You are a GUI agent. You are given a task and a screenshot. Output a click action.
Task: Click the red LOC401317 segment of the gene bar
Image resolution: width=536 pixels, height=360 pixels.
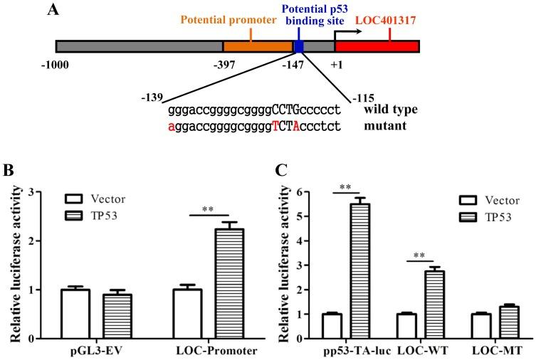[x=377, y=47]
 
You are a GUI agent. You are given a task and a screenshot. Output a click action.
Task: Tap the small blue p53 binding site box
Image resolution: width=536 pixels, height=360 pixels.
[x=299, y=47]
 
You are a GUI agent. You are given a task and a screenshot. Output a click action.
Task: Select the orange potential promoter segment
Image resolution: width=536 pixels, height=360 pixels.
[x=258, y=47]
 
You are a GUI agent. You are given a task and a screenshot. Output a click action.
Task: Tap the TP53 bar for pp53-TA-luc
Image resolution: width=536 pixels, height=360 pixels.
[x=364, y=270]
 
